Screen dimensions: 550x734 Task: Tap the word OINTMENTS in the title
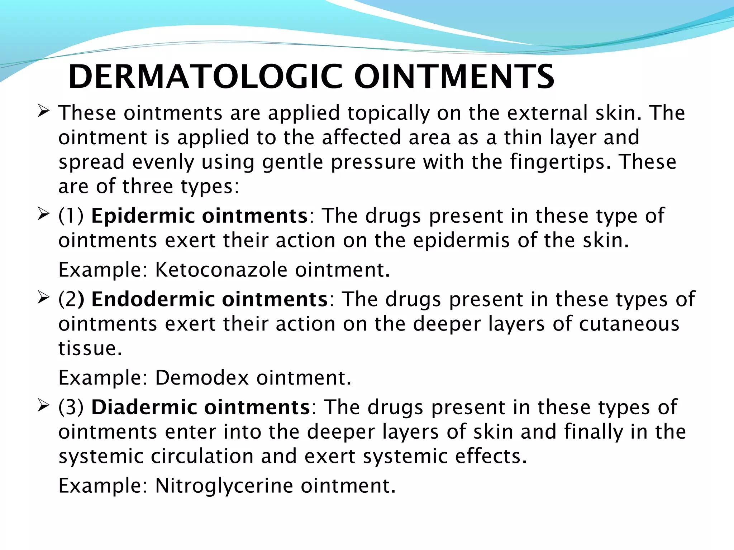pyautogui.click(x=454, y=77)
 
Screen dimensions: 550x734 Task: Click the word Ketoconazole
pyautogui.click(x=221, y=270)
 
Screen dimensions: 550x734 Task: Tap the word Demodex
pyautogui.click(x=202, y=377)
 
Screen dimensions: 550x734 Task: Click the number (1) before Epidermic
pyautogui.click(x=71, y=216)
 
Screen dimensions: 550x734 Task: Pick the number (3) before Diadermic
pyautogui.click(x=71, y=407)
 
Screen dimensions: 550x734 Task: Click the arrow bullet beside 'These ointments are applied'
pyautogui.click(x=43, y=112)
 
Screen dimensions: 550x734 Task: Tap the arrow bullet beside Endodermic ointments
pyautogui.click(x=43, y=298)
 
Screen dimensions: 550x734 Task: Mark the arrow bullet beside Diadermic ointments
pyautogui.click(x=43, y=406)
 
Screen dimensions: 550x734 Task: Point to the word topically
pyautogui.click(x=388, y=114)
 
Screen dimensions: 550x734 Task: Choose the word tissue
pyautogui.click(x=90, y=348)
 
